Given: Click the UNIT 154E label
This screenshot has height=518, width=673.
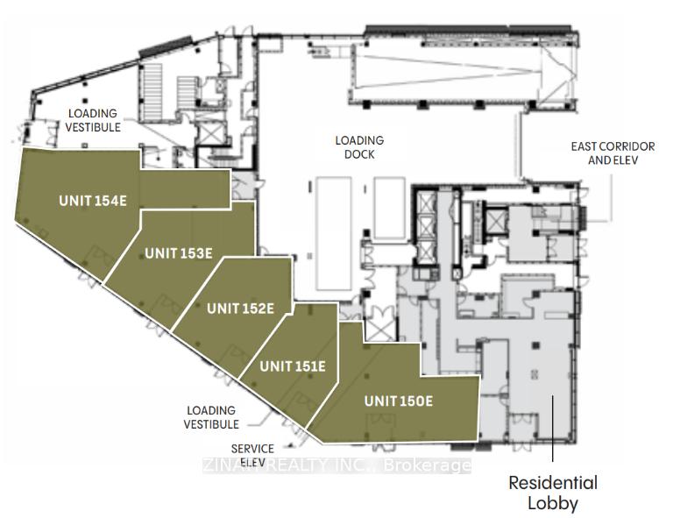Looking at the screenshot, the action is [x=93, y=201].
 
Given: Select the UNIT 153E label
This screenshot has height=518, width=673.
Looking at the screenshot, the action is [x=179, y=253].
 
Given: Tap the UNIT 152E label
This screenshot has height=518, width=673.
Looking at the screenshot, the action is [x=240, y=309].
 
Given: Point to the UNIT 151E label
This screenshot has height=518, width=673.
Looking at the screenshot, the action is [x=293, y=366].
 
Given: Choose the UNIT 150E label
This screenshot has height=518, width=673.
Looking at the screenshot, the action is [x=399, y=401].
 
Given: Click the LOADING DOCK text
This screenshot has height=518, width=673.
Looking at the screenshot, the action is [x=359, y=147].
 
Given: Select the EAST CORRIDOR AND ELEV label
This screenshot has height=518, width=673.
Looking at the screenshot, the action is [x=613, y=153].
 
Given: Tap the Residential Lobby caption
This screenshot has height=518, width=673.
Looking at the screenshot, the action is [x=553, y=493].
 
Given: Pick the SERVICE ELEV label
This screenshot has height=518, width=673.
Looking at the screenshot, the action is [x=252, y=455].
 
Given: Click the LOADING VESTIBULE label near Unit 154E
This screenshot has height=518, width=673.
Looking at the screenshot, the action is [x=93, y=120].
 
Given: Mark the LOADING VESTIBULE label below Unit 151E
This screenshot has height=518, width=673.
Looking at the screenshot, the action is [x=211, y=417].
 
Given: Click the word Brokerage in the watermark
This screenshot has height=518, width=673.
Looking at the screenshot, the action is [x=427, y=465].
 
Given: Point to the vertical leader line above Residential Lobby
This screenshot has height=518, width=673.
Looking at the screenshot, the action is [x=553, y=429].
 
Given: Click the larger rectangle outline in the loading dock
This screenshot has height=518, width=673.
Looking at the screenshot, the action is [x=334, y=233].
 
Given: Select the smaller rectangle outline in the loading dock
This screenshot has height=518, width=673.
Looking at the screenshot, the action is [x=389, y=208].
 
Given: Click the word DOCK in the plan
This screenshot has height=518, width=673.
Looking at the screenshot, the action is [x=359, y=154].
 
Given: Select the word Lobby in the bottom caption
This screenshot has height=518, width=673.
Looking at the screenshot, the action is [x=553, y=503].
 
